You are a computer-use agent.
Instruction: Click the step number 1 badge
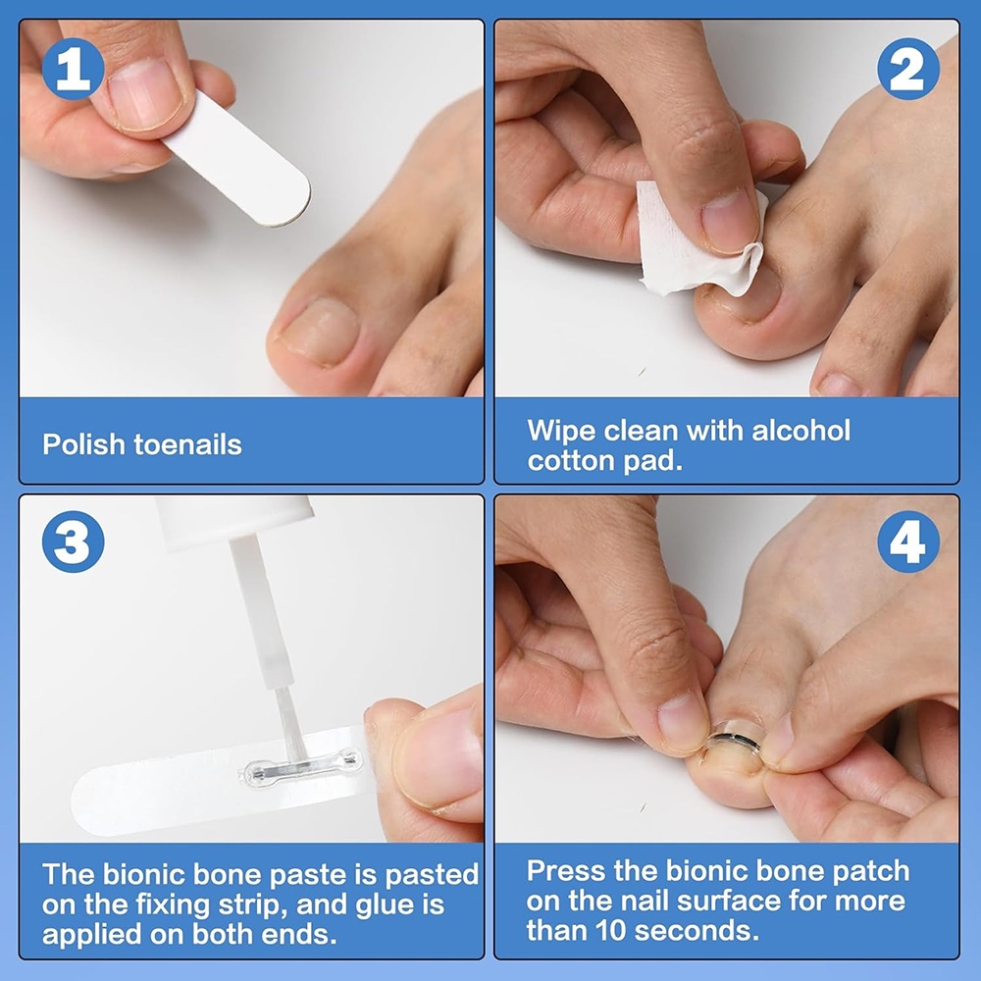click(74, 69)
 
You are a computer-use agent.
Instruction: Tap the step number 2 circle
click(907, 69)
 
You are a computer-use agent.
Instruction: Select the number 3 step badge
click(74, 542)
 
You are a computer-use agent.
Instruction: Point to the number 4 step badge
click(907, 542)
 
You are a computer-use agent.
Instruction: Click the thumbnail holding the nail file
click(145, 95)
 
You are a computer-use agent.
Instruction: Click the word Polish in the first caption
click(83, 444)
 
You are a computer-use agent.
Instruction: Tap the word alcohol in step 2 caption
click(800, 431)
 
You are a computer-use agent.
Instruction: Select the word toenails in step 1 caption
click(187, 444)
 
